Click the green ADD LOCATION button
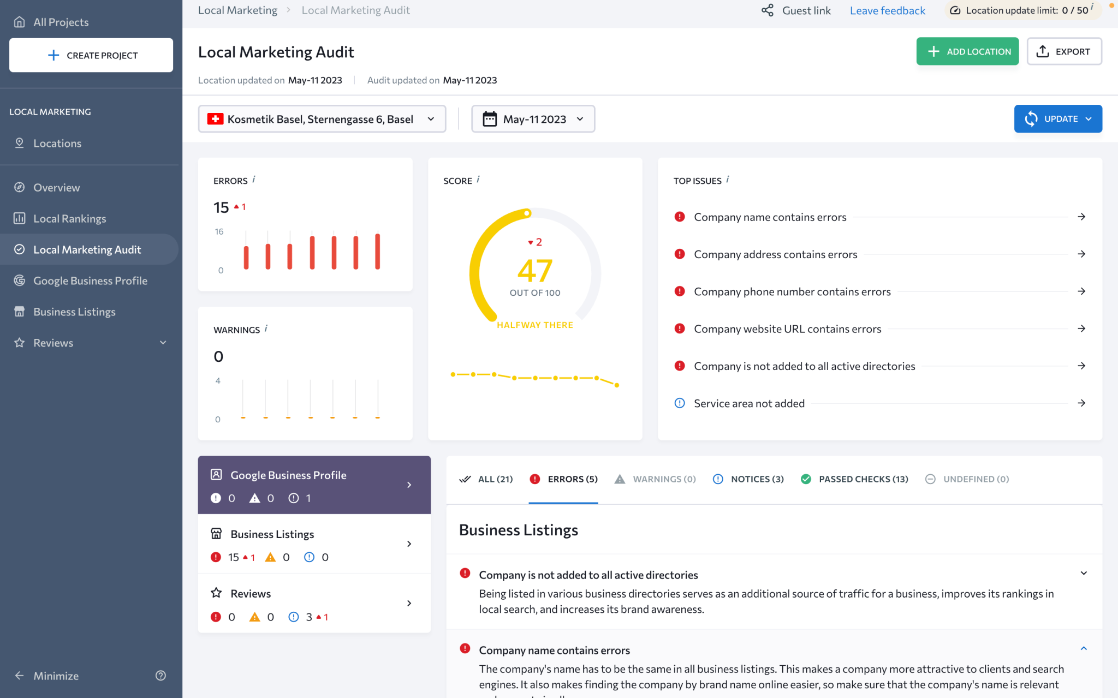(967, 51)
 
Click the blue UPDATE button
(1057, 119)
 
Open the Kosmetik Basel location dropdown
(322, 119)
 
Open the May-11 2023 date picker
(533, 119)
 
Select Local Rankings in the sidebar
(69, 218)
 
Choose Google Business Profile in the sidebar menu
(90, 281)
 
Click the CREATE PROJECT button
(91, 55)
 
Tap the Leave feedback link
(887, 10)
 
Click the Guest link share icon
(768, 10)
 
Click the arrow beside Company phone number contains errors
(1081, 291)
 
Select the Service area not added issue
(749, 403)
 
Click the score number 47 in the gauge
(534, 271)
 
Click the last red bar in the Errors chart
(377, 252)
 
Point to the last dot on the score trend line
(617, 385)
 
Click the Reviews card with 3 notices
(314, 604)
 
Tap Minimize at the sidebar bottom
(55, 676)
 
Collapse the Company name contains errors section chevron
(1084, 649)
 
